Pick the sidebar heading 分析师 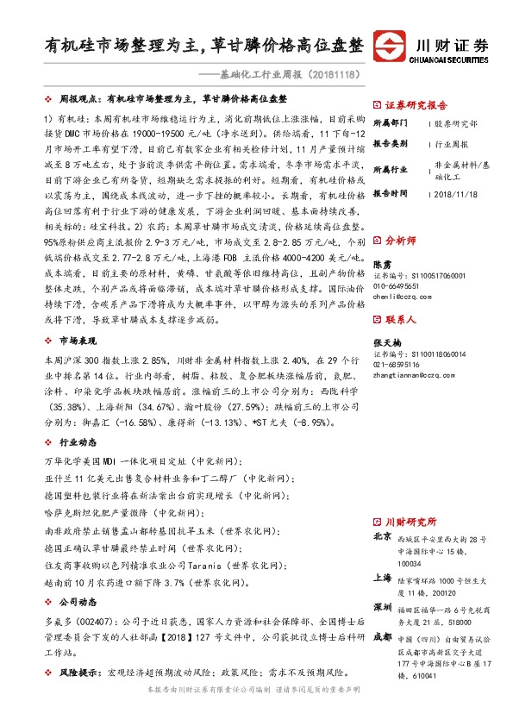pyautogui.click(x=399, y=241)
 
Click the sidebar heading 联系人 pyautogui.click(x=399, y=319)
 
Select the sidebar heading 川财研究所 pyautogui.click(x=410, y=522)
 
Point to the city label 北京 pyautogui.click(x=382, y=536)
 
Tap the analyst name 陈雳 pyautogui.click(x=382, y=262)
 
